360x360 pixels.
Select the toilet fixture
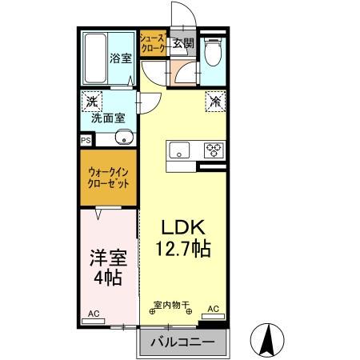tap(211, 54)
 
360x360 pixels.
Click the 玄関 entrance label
tap(182, 44)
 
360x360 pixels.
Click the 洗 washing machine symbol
tap(92, 102)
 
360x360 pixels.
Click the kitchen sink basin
tap(178, 150)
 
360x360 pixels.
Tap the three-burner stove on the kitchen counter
tap(213, 150)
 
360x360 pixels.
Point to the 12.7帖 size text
tap(183, 250)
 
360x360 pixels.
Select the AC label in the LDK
tap(214, 308)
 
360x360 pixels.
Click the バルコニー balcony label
tap(185, 342)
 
